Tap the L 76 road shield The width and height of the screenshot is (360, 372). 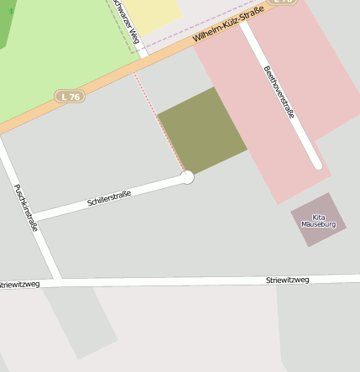coord(70,97)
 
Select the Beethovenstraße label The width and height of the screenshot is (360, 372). coord(279,92)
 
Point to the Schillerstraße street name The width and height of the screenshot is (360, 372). coord(109,199)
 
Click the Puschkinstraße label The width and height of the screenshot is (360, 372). coord(26,207)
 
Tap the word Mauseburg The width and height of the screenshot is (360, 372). coord(318,224)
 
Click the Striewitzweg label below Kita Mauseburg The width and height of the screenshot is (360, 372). coord(287,279)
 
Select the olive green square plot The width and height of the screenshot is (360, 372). coord(202,130)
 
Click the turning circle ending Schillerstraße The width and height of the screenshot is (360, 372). coord(187,177)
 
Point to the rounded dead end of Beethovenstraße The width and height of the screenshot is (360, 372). coord(317,164)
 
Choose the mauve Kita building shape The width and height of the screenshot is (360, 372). coord(318,220)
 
